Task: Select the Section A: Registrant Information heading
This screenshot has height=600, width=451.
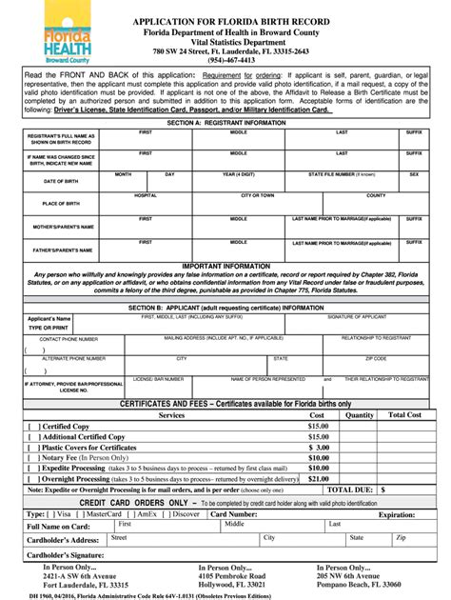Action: pos(225,124)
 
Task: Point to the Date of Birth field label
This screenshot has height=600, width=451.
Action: pos(60,180)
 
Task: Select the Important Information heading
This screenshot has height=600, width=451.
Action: pos(225,267)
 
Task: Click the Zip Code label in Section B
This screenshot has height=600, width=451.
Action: pos(376,358)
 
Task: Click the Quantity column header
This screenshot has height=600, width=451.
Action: pos(360,415)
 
